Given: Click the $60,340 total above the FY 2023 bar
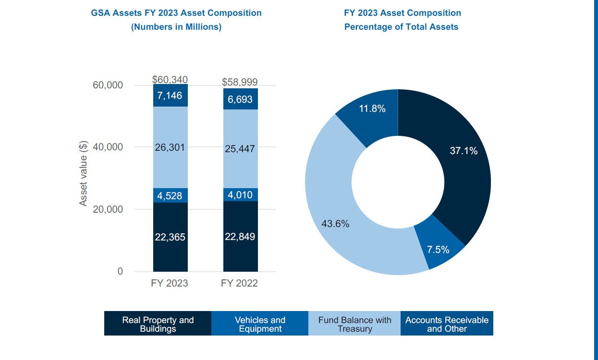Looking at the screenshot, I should tap(170, 80).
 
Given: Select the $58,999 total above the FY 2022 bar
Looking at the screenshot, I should tap(240, 82).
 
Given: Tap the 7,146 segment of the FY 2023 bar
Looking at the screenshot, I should tap(170, 96).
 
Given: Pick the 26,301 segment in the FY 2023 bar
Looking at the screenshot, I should tap(170, 147).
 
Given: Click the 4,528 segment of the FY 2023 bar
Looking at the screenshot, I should tap(170, 195).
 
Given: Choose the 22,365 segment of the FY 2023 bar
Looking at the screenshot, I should tap(170, 237).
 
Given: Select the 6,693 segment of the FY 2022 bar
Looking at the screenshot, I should tap(240, 99).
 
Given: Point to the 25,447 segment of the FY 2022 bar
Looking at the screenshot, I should tap(240, 149).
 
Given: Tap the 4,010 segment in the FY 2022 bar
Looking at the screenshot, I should tap(240, 195).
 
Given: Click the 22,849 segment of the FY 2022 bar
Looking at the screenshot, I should tap(240, 237).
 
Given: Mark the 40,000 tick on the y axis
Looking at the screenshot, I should tap(108, 147).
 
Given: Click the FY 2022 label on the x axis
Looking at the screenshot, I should tap(239, 283).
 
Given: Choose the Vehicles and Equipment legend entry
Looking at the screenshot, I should tap(260, 324).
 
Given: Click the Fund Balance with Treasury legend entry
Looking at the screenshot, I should tap(354, 324).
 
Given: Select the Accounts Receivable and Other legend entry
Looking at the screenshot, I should tap(447, 324).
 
